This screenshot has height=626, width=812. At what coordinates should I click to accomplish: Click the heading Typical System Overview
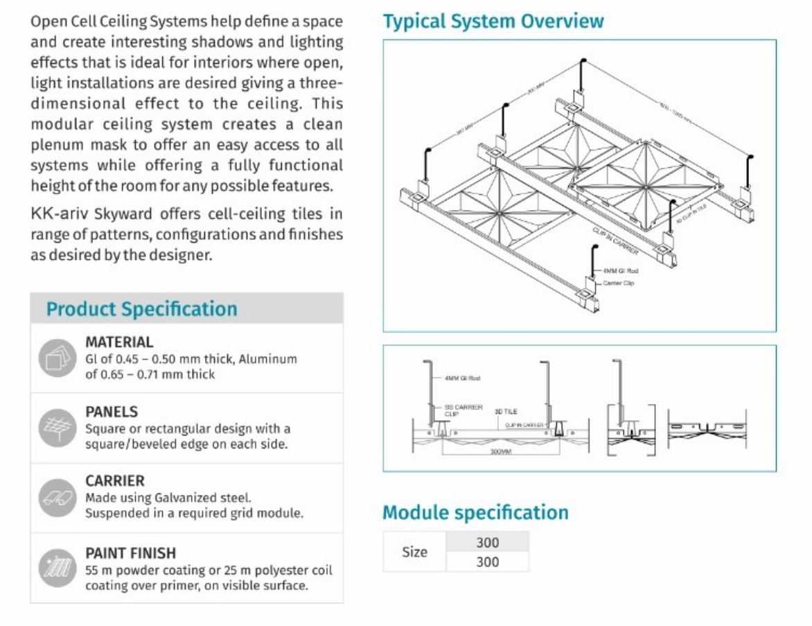click(x=493, y=21)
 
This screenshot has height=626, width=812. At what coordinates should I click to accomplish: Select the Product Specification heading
click(x=141, y=309)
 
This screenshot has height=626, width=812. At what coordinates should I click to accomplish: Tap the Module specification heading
click(x=475, y=512)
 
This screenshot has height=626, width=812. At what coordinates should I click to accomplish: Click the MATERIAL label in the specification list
click(x=119, y=342)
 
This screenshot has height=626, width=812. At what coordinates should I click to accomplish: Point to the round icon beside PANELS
click(x=57, y=426)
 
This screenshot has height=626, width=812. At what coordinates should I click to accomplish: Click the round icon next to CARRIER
click(x=57, y=496)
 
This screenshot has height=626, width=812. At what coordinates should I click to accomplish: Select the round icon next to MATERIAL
click(x=57, y=358)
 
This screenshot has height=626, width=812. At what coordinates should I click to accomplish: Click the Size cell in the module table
click(x=414, y=552)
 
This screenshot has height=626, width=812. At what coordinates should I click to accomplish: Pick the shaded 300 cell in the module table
click(x=487, y=542)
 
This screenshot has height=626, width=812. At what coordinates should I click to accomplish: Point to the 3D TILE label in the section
click(x=505, y=411)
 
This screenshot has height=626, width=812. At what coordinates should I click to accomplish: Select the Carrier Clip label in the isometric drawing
click(x=618, y=283)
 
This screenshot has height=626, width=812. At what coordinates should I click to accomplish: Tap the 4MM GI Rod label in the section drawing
click(x=461, y=379)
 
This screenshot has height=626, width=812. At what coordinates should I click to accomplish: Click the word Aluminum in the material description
click(x=268, y=359)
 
